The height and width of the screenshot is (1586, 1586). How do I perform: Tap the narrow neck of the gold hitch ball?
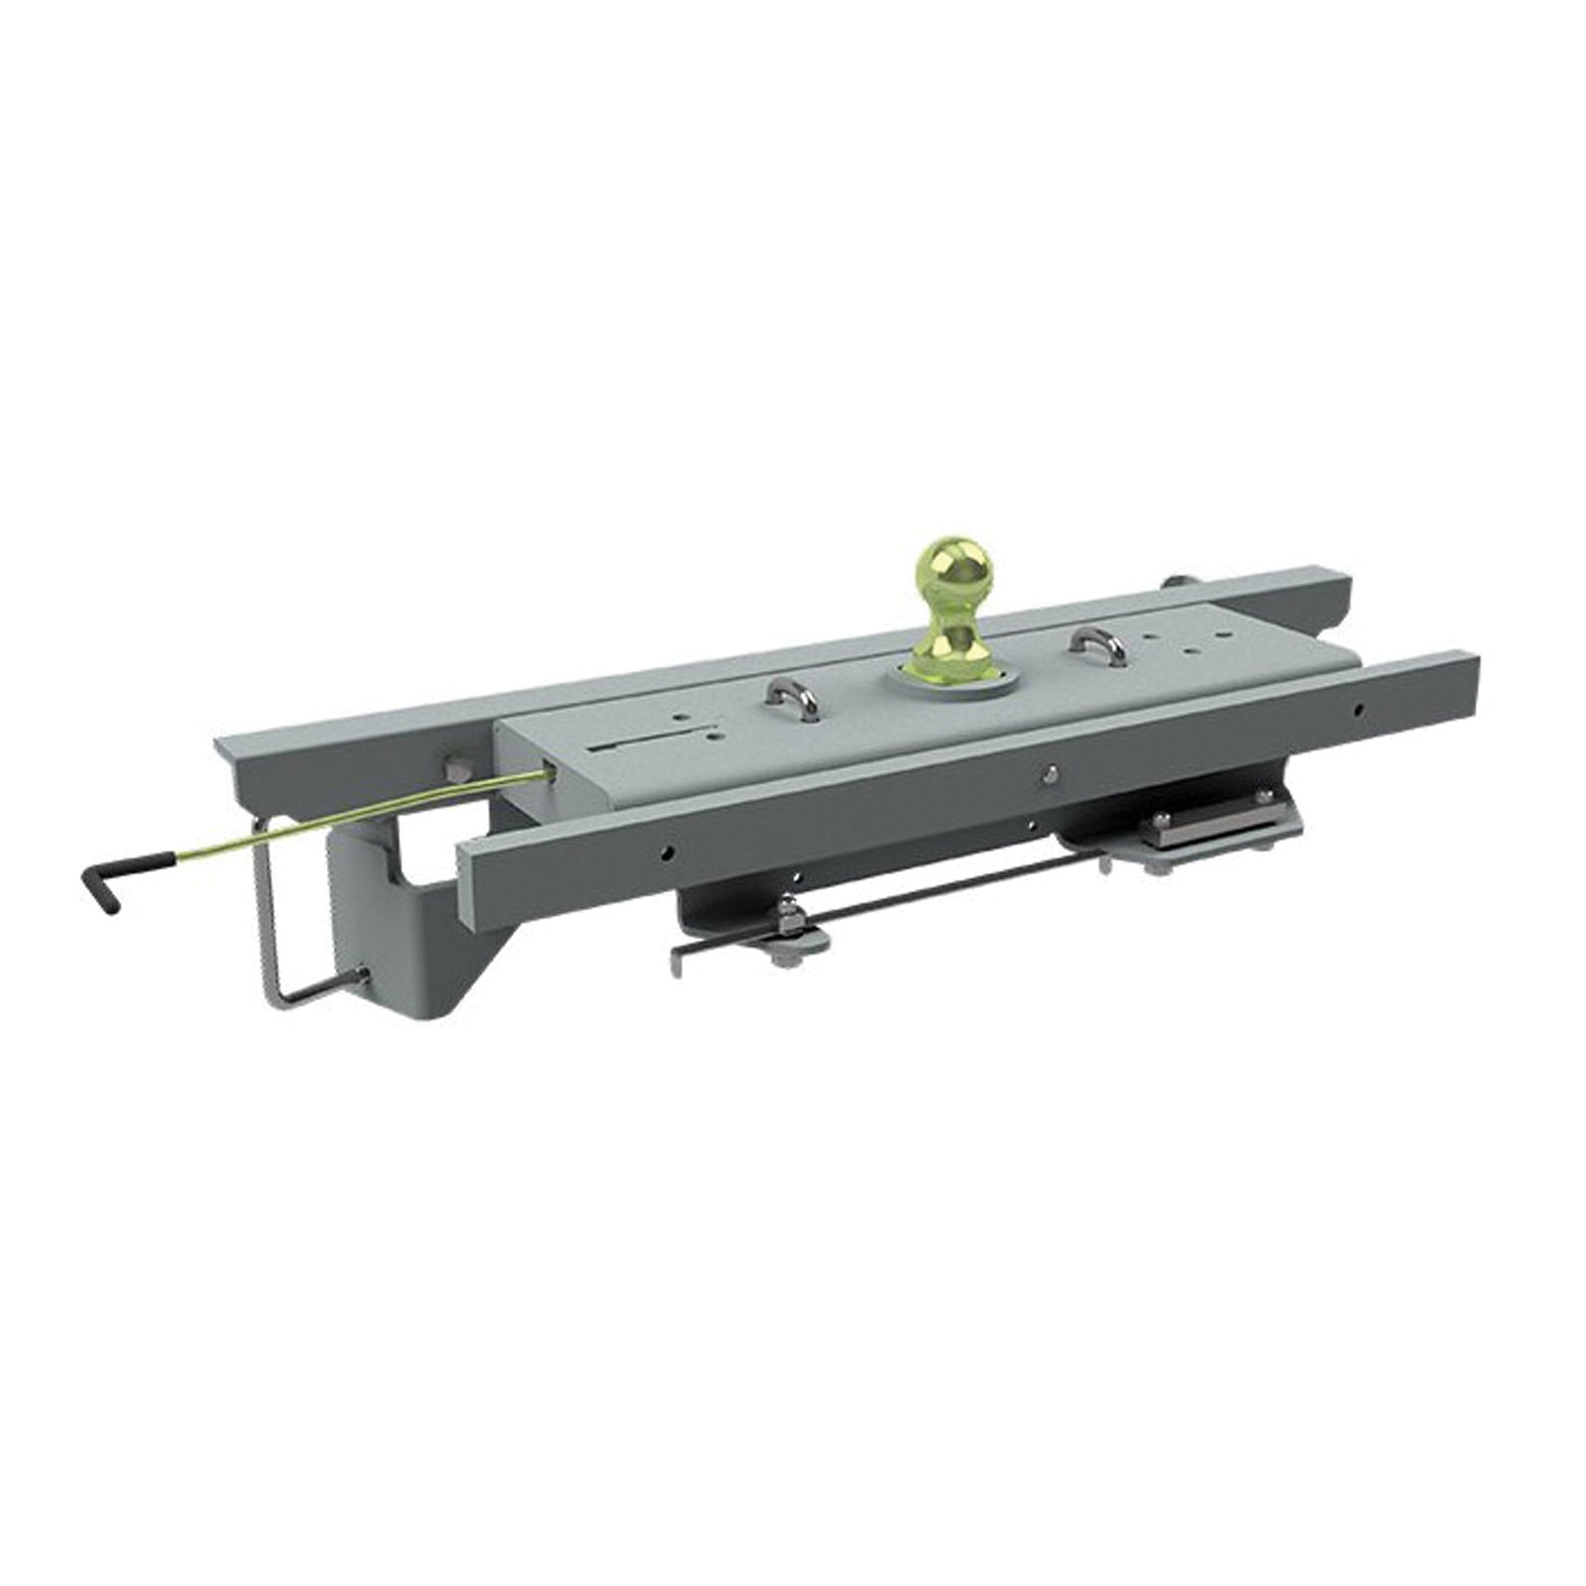coord(951,621)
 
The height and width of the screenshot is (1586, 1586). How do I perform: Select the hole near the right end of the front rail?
coord(1359,709)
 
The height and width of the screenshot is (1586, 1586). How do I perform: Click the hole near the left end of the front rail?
coord(670,850)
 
